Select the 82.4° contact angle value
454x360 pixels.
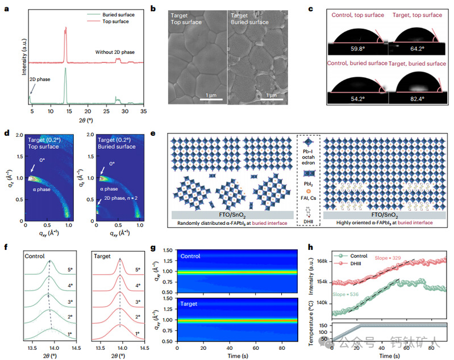(x=415, y=98)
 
